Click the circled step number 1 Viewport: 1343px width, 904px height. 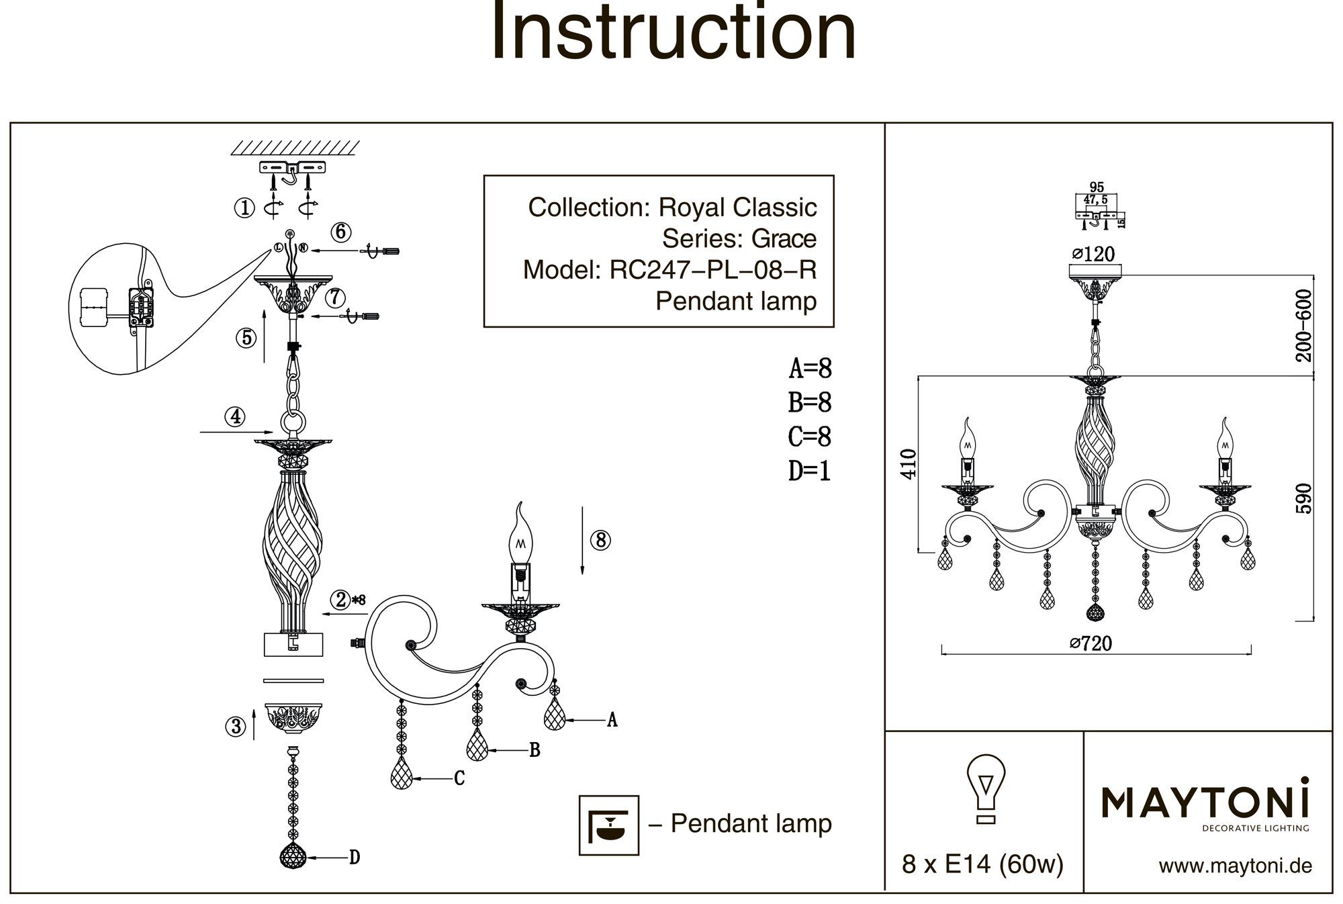(244, 208)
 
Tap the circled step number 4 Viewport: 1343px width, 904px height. (235, 417)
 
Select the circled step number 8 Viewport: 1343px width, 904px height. (600, 540)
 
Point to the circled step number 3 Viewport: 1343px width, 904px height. (236, 726)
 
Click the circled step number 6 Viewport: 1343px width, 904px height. (340, 232)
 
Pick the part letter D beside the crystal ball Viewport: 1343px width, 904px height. (355, 857)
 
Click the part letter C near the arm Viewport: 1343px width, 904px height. (459, 778)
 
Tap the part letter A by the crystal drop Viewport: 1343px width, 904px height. (612, 720)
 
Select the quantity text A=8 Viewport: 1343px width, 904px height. (810, 369)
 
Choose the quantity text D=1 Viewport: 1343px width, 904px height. (810, 471)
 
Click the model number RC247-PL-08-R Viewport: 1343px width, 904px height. (712, 270)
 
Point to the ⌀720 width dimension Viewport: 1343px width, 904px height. (1091, 643)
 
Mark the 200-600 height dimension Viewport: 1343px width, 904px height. (1303, 326)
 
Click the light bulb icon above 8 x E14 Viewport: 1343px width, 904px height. (985, 788)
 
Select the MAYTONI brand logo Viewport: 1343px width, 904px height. (1205, 805)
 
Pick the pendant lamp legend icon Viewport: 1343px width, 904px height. (608, 825)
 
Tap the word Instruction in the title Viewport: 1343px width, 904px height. (674, 32)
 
